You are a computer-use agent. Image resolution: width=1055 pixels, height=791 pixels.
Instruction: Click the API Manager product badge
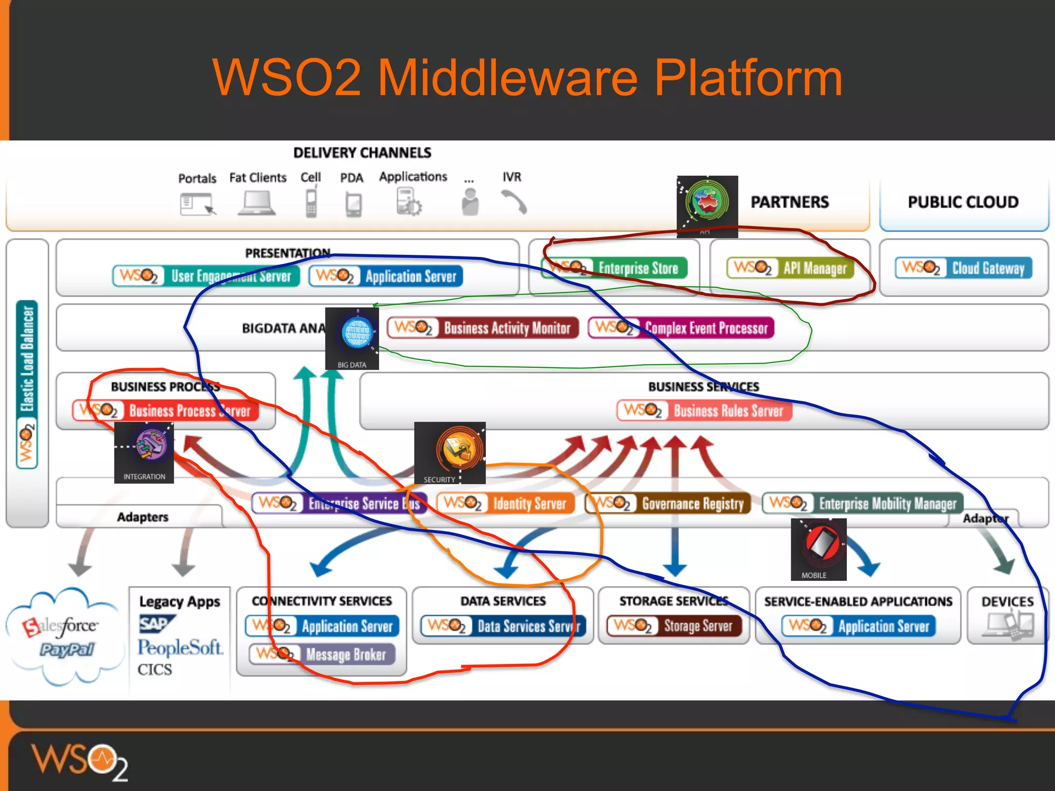click(790, 268)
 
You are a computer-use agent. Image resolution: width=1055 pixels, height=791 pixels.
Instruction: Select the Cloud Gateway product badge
click(963, 268)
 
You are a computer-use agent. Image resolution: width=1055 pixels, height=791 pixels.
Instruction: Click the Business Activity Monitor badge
click(483, 328)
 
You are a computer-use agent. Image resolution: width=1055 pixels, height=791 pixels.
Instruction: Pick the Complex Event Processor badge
click(681, 328)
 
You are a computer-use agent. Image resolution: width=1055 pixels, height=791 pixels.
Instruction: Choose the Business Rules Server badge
click(704, 410)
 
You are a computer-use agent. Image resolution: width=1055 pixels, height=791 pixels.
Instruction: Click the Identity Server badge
click(505, 503)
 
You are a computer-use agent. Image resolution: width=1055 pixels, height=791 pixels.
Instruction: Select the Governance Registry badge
click(668, 503)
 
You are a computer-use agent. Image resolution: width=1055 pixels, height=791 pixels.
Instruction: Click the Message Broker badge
click(322, 655)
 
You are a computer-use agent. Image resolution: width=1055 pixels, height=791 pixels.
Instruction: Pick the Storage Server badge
click(674, 626)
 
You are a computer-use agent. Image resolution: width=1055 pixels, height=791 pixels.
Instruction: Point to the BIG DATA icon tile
click(352, 338)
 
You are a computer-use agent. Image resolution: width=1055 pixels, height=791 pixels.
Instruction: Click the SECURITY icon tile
click(450, 453)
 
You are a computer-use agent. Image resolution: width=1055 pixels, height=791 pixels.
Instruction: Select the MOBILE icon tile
click(819, 549)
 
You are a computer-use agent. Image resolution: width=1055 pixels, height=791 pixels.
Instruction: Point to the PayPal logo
click(67, 649)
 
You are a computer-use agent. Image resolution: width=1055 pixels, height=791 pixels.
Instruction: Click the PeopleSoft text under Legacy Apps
click(180, 647)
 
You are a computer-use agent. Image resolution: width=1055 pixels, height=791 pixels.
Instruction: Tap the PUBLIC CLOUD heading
click(963, 202)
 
